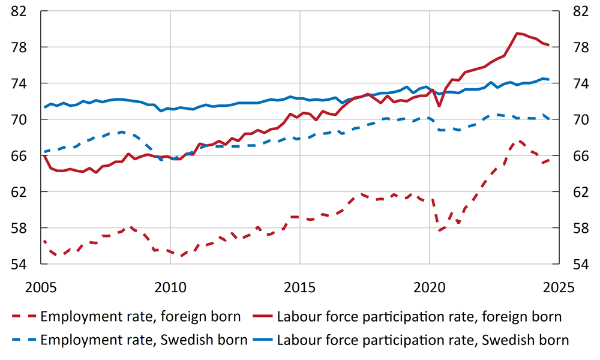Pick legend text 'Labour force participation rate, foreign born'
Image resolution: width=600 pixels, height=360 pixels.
(x=419, y=317)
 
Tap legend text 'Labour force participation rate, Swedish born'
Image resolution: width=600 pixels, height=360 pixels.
(x=422, y=340)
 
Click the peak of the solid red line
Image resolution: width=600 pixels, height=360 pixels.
(x=517, y=34)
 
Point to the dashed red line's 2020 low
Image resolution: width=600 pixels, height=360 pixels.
(x=439, y=230)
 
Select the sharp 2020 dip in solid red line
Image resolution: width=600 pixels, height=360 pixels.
(x=439, y=106)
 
